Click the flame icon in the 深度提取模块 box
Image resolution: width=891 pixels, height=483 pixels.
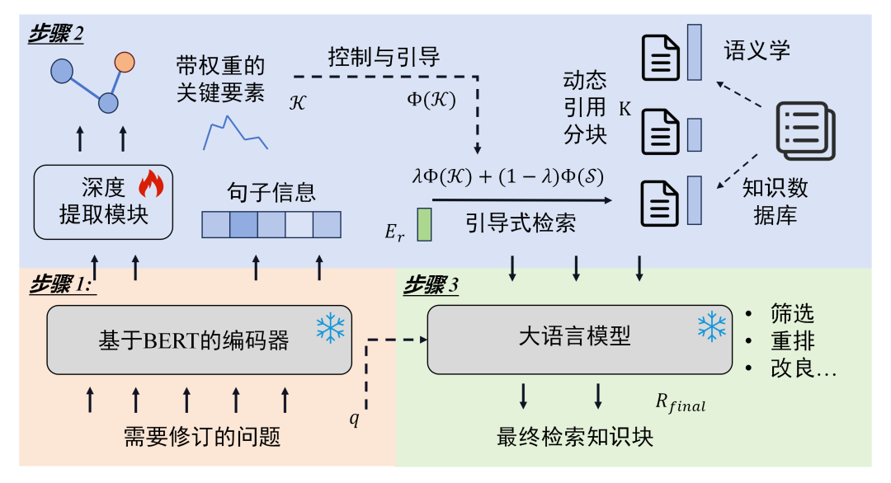point(151,183)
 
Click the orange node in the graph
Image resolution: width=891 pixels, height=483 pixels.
point(125,62)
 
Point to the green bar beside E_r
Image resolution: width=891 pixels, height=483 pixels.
point(424,224)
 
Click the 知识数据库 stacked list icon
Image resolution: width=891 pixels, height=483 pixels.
point(806,131)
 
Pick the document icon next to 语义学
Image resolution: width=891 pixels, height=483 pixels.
point(660,58)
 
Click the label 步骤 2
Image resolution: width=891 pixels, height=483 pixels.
point(56,34)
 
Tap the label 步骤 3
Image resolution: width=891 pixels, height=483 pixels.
point(431,285)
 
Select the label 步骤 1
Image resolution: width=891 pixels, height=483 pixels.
point(62,284)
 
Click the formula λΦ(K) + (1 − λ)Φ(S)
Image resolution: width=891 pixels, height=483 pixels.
point(507,176)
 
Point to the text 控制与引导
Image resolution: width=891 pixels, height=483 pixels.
point(384,58)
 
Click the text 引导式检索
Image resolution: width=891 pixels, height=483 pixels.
point(521,223)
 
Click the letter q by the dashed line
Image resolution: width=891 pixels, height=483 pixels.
point(354,419)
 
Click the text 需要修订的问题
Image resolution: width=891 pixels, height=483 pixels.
point(202,437)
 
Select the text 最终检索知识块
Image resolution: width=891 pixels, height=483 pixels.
point(575,437)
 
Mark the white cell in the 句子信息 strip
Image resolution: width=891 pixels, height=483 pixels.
point(299,225)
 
